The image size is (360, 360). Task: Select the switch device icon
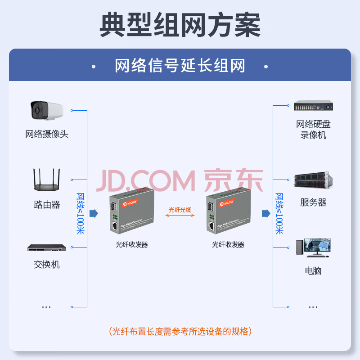point(46,248)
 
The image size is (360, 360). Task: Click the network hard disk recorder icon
point(313,107)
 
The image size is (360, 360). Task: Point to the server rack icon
point(313,180)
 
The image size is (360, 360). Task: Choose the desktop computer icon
point(313,248)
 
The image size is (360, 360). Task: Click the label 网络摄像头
point(47,134)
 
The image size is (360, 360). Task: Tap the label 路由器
point(47,205)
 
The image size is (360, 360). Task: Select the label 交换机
point(47,265)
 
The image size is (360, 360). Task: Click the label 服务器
point(313,202)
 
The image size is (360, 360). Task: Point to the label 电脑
point(313,271)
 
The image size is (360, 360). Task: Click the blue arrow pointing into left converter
point(94,213)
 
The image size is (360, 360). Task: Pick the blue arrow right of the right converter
point(266,213)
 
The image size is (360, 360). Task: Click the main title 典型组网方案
point(180,25)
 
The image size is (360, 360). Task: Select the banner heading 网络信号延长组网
point(180,66)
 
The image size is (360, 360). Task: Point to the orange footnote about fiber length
point(180,332)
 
